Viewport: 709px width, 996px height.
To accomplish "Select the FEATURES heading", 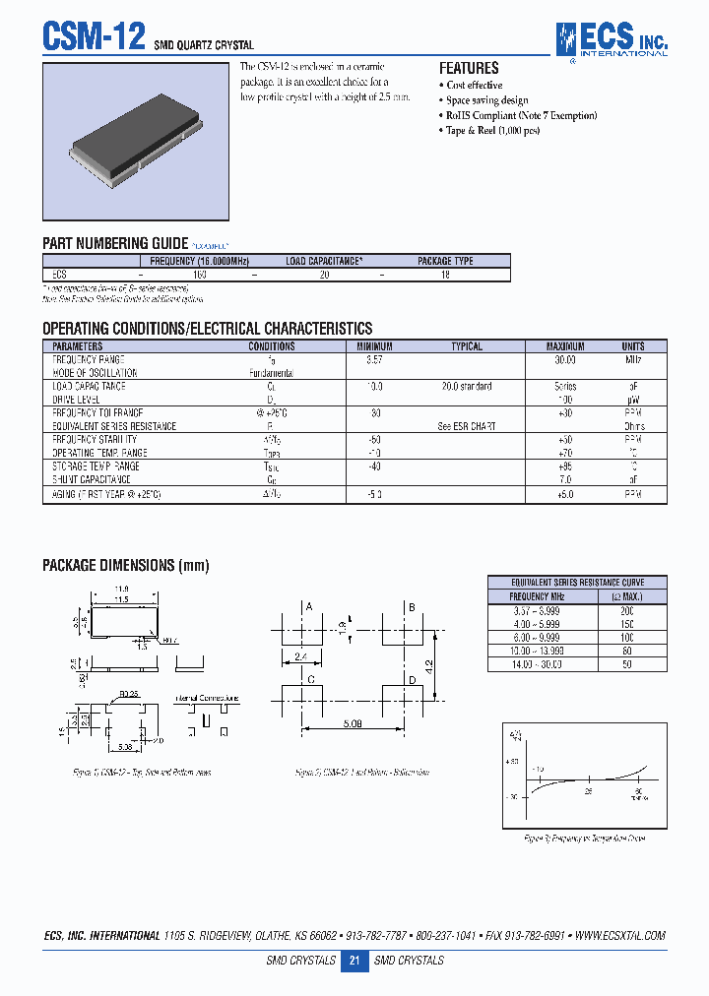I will click(x=469, y=68).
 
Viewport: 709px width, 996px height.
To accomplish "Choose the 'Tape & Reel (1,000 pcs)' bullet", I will click(x=492, y=131).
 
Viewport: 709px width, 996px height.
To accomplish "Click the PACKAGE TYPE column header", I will click(x=445, y=261).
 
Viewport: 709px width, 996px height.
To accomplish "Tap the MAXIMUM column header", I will click(x=565, y=346).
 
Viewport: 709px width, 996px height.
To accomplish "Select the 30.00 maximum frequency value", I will click(x=565, y=360).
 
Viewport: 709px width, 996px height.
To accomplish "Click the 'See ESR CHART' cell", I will click(x=466, y=426).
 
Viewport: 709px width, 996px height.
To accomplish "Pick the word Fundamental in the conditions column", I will click(x=271, y=373).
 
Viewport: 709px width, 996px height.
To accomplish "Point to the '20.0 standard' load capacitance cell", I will click(x=466, y=387).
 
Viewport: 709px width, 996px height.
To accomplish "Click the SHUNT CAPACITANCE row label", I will click(x=96, y=479).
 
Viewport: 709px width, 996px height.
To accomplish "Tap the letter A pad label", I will click(x=309, y=607).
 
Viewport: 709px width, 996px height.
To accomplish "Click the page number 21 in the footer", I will click(x=354, y=961).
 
